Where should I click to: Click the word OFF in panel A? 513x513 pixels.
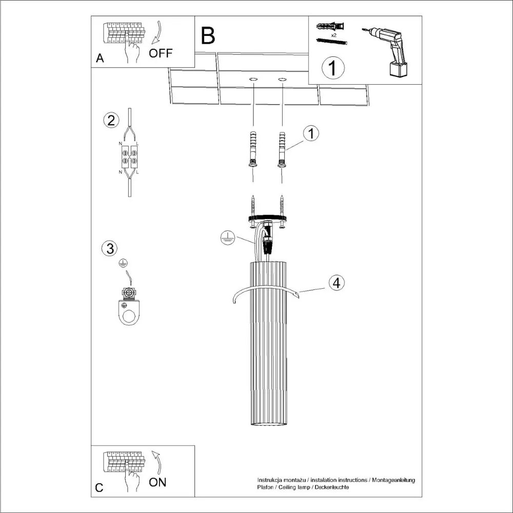(x=161, y=53)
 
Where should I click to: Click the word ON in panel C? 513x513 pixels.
(x=157, y=482)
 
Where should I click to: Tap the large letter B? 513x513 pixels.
(x=208, y=36)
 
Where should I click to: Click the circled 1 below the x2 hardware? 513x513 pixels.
(x=333, y=68)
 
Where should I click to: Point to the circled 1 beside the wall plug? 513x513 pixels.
(x=310, y=133)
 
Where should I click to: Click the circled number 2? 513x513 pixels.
(x=110, y=121)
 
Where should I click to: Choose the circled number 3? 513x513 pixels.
(x=109, y=249)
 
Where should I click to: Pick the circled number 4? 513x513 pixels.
(x=336, y=283)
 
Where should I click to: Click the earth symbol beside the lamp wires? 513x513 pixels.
(x=227, y=238)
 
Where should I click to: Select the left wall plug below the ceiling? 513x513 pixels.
(x=252, y=149)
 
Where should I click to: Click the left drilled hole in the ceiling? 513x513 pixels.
(x=253, y=80)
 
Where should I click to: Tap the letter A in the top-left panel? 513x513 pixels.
(x=100, y=58)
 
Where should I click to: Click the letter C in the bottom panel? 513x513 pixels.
(x=100, y=488)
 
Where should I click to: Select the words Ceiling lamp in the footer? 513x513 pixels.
(x=291, y=487)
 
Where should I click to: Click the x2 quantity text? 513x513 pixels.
(x=334, y=35)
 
